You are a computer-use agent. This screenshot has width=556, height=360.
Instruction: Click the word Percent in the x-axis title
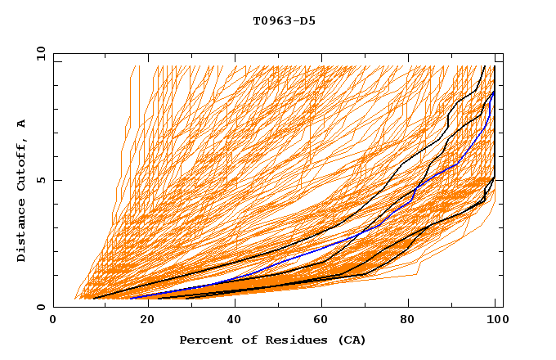point(205,340)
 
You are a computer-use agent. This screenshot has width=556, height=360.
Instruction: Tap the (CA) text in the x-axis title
point(350,340)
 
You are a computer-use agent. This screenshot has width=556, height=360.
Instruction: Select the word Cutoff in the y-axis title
point(22,164)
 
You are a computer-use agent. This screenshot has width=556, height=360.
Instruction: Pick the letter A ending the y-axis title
point(22,124)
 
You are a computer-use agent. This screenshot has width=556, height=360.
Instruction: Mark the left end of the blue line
point(131,298)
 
